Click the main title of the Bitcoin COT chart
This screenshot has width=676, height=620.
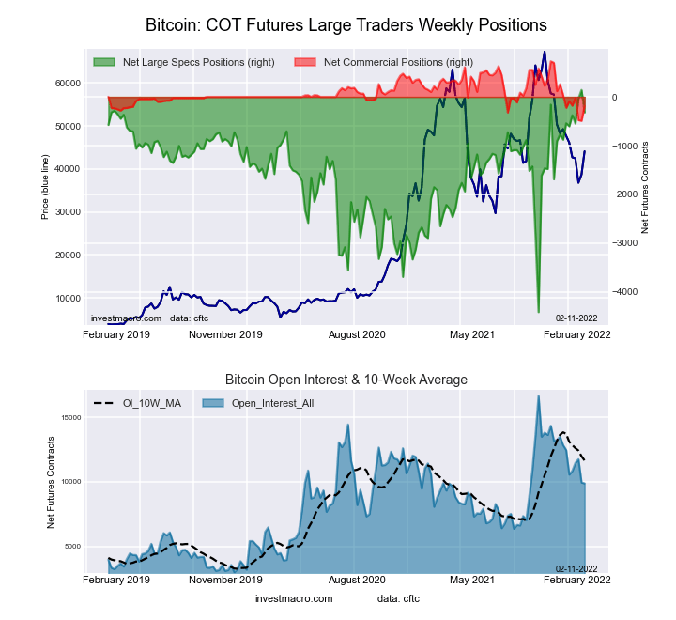(346, 23)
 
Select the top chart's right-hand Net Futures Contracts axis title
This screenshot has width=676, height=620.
(646, 188)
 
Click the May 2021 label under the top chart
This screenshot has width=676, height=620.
(471, 333)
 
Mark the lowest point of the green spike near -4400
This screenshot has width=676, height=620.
(538, 312)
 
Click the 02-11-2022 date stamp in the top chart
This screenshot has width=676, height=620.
(576, 318)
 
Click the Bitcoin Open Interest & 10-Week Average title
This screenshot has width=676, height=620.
(346, 380)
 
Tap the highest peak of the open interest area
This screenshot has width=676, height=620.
(538, 395)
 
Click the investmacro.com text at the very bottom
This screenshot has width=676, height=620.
(294, 598)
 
